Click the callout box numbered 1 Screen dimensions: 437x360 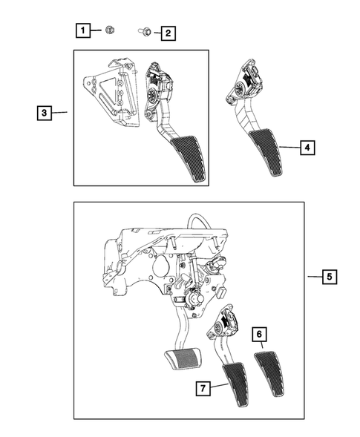(x=83, y=30)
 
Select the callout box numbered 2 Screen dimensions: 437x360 (x=168, y=33)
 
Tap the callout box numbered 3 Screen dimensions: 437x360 (x=45, y=113)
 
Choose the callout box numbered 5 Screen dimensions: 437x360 (x=330, y=277)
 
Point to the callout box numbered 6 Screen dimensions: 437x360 (x=261, y=335)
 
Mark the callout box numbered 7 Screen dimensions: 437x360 (x=201, y=387)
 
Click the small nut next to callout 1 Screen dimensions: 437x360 (x=108, y=30)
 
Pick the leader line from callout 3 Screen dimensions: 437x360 (x=61, y=113)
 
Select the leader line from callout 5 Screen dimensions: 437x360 (x=313, y=277)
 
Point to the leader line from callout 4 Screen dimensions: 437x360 (x=289, y=148)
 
